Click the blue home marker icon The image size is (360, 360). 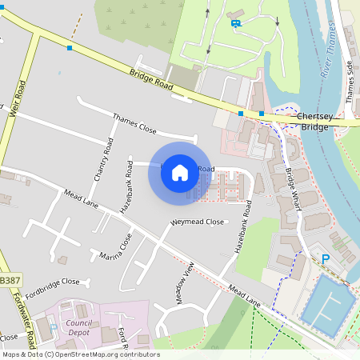click(x=180, y=171)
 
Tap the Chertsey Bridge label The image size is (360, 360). click(x=313, y=122)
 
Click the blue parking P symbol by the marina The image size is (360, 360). click(x=325, y=258)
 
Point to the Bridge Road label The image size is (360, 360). click(x=151, y=78)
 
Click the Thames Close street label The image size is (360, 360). click(x=134, y=122)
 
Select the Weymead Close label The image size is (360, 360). click(x=197, y=222)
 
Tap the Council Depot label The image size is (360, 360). click(x=79, y=307)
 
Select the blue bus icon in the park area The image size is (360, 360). click(x=235, y=22)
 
